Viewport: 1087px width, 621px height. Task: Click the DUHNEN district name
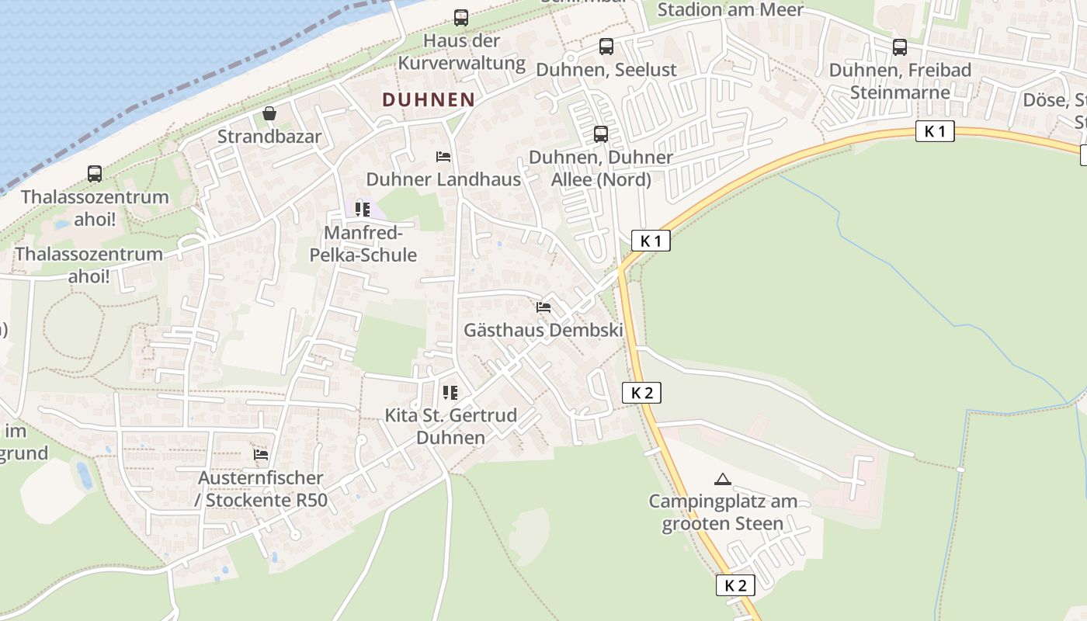click(x=429, y=99)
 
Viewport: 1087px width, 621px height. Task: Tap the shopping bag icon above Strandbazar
click(x=269, y=114)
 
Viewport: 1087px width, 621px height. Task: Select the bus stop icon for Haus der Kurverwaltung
click(x=461, y=17)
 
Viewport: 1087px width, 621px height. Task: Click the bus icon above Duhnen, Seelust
click(x=606, y=47)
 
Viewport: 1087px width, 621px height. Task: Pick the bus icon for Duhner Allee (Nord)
click(x=601, y=134)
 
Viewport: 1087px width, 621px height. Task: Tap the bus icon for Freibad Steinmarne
click(x=900, y=47)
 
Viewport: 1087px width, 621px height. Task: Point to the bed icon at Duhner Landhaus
click(x=443, y=157)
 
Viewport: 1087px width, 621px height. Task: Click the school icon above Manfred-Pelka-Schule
click(x=363, y=210)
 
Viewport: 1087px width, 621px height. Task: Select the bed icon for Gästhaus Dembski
click(x=543, y=307)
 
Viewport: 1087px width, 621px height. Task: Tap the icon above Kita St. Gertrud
click(x=450, y=393)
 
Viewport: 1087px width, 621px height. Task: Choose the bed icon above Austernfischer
click(x=261, y=454)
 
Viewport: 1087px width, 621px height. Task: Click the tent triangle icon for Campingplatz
click(x=723, y=479)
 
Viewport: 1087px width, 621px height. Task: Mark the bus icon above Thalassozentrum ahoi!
click(x=95, y=174)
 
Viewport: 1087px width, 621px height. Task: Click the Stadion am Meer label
click(x=730, y=9)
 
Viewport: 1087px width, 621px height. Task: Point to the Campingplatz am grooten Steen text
click(x=723, y=512)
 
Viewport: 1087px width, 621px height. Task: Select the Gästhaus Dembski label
click(x=543, y=330)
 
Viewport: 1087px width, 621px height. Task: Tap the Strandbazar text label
click(x=269, y=137)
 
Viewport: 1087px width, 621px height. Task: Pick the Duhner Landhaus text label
click(x=443, y=179)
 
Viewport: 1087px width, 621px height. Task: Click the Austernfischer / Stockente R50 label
click(x=261, y=489)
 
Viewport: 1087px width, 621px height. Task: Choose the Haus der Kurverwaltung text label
click(x=461, y=51)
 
